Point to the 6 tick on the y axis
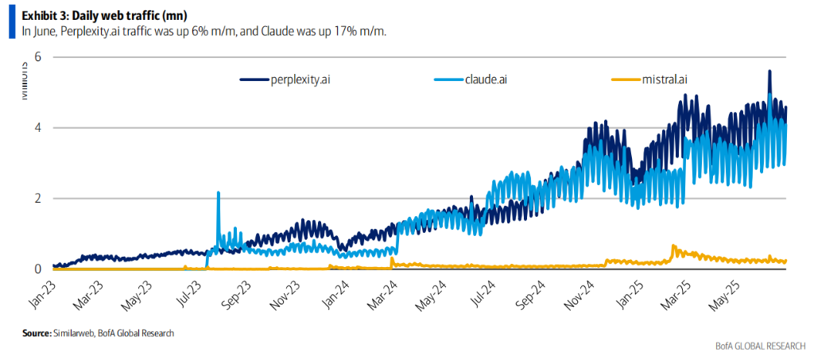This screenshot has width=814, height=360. [x=37, y=57]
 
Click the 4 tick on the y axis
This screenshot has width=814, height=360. [x=37, y=128]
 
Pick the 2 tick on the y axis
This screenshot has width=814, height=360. [x=37, y=199]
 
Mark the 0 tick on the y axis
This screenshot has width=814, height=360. [x=37, y=269]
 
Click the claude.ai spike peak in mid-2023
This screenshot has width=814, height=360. [x=218, y=192]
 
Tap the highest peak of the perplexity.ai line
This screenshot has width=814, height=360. [x=769, y=71]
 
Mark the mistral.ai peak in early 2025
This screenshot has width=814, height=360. [x=674, y=246]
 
